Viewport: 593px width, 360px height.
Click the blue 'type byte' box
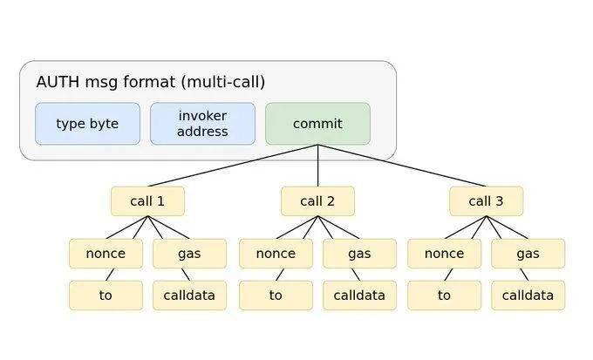[87, 124]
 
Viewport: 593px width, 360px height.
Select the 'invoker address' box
[202, 124]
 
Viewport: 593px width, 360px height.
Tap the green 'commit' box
[317, 124]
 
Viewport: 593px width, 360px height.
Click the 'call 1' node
[147, 201]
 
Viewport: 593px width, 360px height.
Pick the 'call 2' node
[317, 201]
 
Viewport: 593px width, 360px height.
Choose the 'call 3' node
[486, 201]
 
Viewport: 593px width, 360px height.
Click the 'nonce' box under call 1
[106, 254]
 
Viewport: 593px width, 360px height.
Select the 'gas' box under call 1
[189, 254]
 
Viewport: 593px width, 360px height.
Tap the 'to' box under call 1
[106, 295]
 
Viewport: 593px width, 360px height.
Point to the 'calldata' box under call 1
[189, 295]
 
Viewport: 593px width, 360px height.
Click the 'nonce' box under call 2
[276, 254]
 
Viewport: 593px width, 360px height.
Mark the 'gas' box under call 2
[359, 254]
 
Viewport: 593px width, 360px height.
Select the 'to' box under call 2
[276, 295]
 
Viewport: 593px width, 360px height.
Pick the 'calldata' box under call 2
[359, 295]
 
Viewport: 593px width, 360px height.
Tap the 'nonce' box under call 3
[444, 254]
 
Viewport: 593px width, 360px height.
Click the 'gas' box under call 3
[528, 254]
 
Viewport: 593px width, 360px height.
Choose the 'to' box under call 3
[444, 295]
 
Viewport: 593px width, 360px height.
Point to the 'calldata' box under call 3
[528, 295]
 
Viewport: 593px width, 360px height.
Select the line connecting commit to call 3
[401, 166]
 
